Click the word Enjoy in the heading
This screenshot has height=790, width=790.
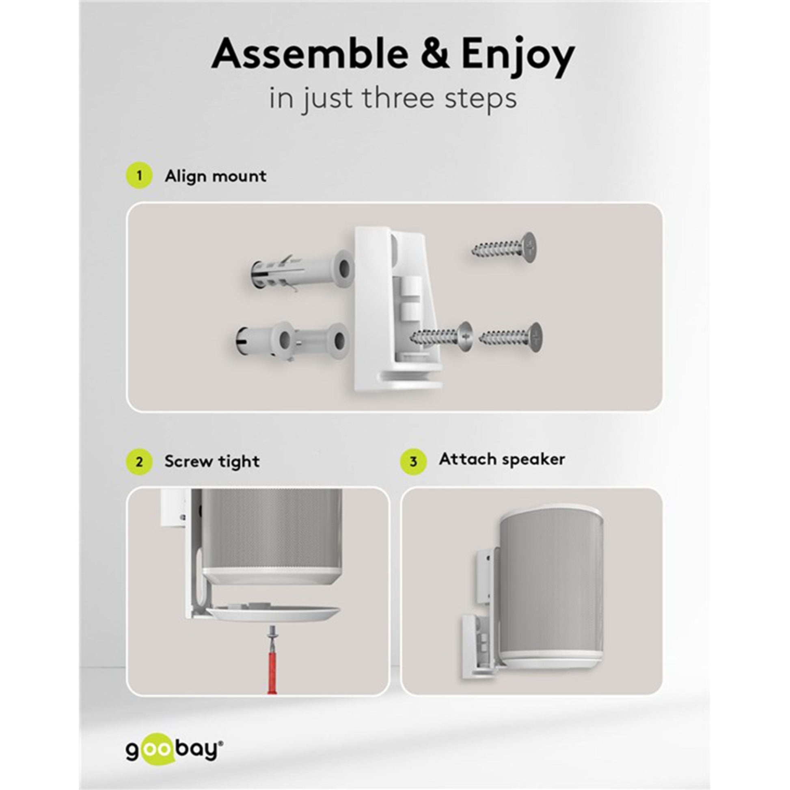click(x=518, y=57)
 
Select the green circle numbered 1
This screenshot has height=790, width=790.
click(x=139, y=176)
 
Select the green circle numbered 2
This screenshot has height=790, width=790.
click(x=139, y=462)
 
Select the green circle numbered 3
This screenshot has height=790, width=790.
click(x=413, y=462)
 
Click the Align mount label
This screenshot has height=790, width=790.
click(x=216, y=176)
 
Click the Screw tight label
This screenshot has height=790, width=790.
click(x=212, y=462)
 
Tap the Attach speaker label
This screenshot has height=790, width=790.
click(x=502, y=460)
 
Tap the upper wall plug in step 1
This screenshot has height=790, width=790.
click(x=301, y=270)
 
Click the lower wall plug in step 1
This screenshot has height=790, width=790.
click(x=292, y=338)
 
